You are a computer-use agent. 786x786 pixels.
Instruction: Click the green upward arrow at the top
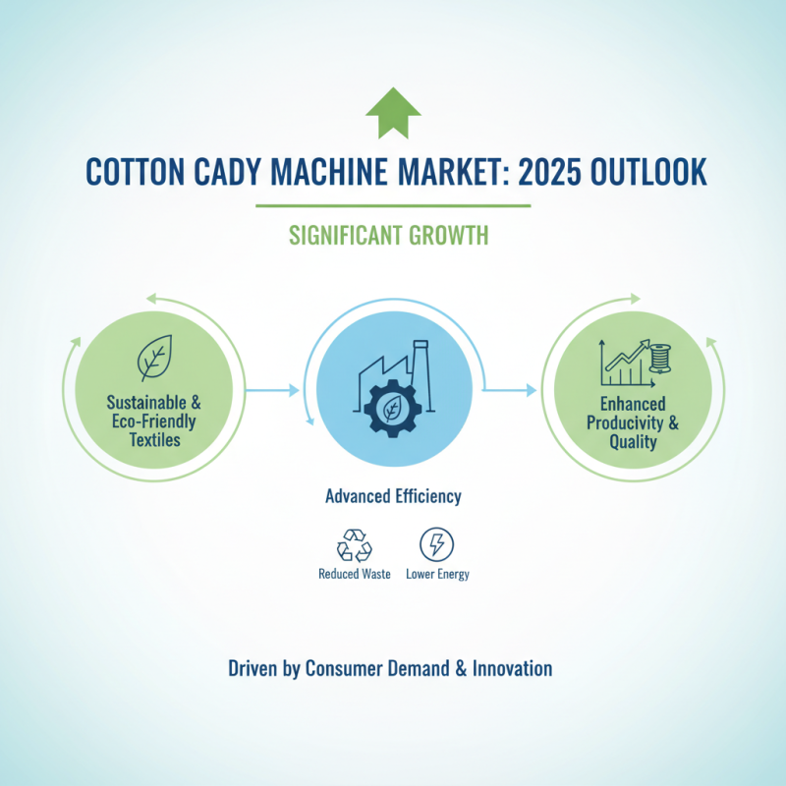392,114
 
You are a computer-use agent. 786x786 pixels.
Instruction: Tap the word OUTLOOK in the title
653,171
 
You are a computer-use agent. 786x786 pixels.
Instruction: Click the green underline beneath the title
393,205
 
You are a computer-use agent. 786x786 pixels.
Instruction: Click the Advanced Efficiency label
393,497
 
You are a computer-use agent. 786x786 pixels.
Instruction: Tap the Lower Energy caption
437,574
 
